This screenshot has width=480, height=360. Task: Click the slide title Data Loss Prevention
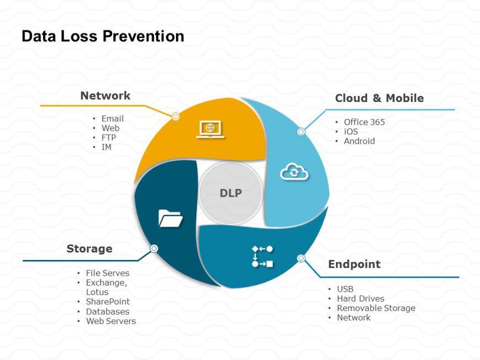pyautogui.click(x=103, y=36)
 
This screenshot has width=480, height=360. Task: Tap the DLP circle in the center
pyautogui.click(x=231, y=193)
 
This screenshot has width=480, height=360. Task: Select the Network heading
pyautogui.click(x=105, y=95)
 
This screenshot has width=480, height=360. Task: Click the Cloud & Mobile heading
pyautogui.click(x=379, y=98)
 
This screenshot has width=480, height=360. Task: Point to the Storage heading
pyautogui.click(x=89, y=249)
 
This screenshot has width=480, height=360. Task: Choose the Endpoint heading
pyautogui.click(x=354, y=264)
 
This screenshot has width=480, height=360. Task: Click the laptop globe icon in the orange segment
pyautogui.click(x=210, y=129)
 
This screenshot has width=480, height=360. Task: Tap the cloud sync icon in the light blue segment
pyautogui.click(x=295, y=172)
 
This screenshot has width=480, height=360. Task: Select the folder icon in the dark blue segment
pyautogui.click(x=170, y=218)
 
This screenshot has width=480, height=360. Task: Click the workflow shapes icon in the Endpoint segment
pyautogui.click(x=262, y=256)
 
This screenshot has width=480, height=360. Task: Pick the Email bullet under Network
pyautogui.click(x=113, y=119)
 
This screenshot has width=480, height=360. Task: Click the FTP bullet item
pyautogui.click(x=109, y=137)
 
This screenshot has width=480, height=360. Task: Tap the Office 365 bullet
pyautogui.click(x=364, y=122)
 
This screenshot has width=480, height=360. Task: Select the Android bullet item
pyautogui.click(x=359, y=141)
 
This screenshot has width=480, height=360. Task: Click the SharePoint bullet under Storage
pyautogui.click(x=108, y=302)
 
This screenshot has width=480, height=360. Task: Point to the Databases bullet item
pyautogui.click(x=108, y=311)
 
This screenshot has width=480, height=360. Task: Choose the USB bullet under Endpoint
pyautogui.click(x=345, y=289)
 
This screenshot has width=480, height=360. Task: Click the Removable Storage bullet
pyautogui.click(x=376, y=308)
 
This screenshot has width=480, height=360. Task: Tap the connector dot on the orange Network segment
pyautogui.click(x=175, y=116)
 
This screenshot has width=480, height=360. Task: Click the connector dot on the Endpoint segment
pyautogui.click(x=301, y=258)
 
